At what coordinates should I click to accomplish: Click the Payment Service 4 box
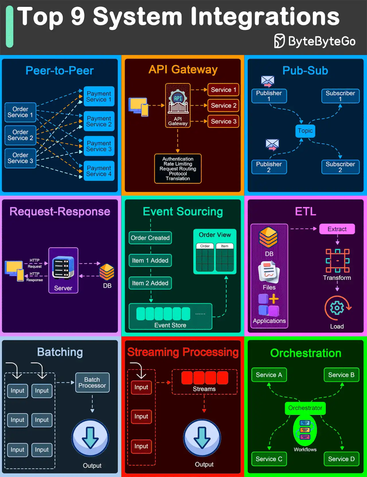point(99,171)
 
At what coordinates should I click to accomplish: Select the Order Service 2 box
point(20,135)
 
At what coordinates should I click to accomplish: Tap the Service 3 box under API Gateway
point(223,122)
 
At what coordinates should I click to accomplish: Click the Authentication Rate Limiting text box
point(178,169)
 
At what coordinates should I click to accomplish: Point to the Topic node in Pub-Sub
point(305,131)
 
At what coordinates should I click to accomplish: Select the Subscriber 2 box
point(340,167)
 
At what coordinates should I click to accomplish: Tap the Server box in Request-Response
point(63,270)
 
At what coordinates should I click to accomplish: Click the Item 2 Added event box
point(150,283)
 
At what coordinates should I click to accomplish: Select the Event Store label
point(170,325)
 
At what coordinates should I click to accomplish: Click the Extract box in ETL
point(337,229)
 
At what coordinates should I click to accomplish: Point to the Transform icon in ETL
point(337,261)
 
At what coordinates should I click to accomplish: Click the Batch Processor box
point(92,382)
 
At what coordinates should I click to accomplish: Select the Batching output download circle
point(90,438)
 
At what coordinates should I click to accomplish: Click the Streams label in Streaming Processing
point(204,389)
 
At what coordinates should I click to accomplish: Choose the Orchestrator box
point(305,408)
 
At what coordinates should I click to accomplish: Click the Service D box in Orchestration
point(341,459)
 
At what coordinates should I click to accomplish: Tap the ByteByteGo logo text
point(321,41)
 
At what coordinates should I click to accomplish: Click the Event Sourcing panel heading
point(183,212)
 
